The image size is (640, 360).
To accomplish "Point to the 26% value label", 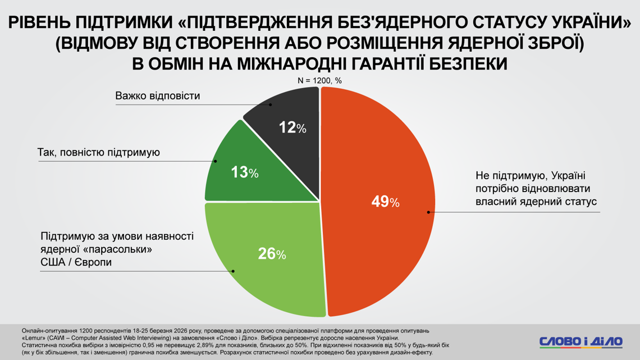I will (x=272, y=254).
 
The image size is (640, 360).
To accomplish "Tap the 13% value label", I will (x=244, y=172).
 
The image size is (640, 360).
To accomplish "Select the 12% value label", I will (x=292, y=128).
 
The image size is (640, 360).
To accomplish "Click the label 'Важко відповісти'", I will (x=158, y=96).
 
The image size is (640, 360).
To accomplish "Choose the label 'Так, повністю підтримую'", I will (x=99, y=152).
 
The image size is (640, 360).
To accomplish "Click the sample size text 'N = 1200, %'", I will (x=319, y=80).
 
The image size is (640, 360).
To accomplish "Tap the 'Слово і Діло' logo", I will (x=580, y=341).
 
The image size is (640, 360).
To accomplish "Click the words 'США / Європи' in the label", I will (x=76, y=262).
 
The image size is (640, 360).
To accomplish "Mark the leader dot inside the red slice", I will (x=428, y=212).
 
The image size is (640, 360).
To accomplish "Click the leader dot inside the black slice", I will (x=270, y=104).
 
